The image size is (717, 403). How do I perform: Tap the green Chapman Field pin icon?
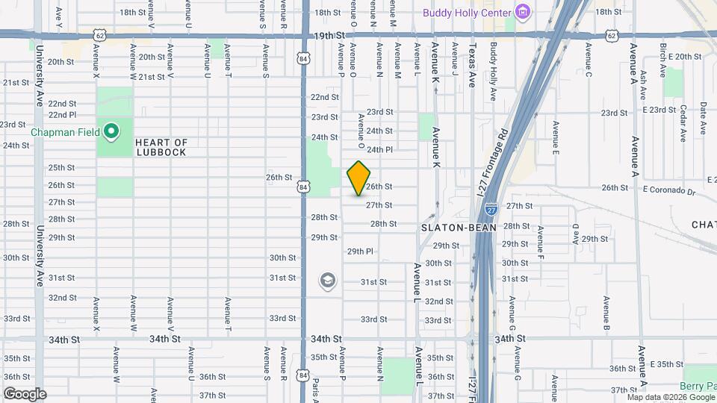pos(111,133)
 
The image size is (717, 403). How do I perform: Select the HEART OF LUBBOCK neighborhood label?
pos(161,147)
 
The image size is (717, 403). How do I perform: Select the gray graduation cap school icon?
pos(326,281)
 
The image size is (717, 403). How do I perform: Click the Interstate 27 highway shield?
pos(491,210)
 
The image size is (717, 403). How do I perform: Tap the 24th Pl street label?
pos(379,149)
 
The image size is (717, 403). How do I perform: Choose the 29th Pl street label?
pos(360,252)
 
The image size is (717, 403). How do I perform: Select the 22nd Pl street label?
pos(62,115)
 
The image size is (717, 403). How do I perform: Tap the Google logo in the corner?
pos(24,393)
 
